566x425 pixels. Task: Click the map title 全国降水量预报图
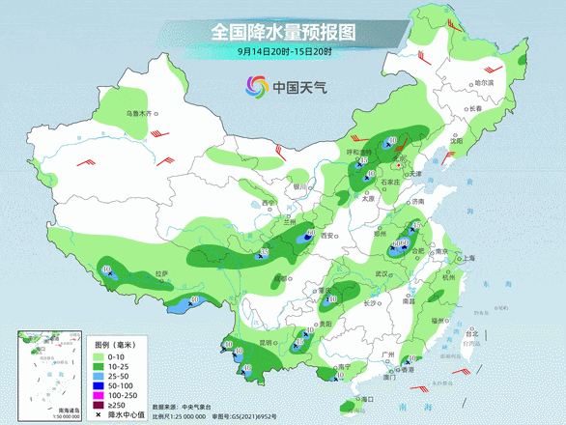pyautogui.click(x=283, y=32)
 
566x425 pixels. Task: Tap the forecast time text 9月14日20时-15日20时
pyautogui.click(x=283, y=51)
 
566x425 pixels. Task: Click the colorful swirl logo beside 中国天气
pyautogui.click(x=255, y=86)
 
